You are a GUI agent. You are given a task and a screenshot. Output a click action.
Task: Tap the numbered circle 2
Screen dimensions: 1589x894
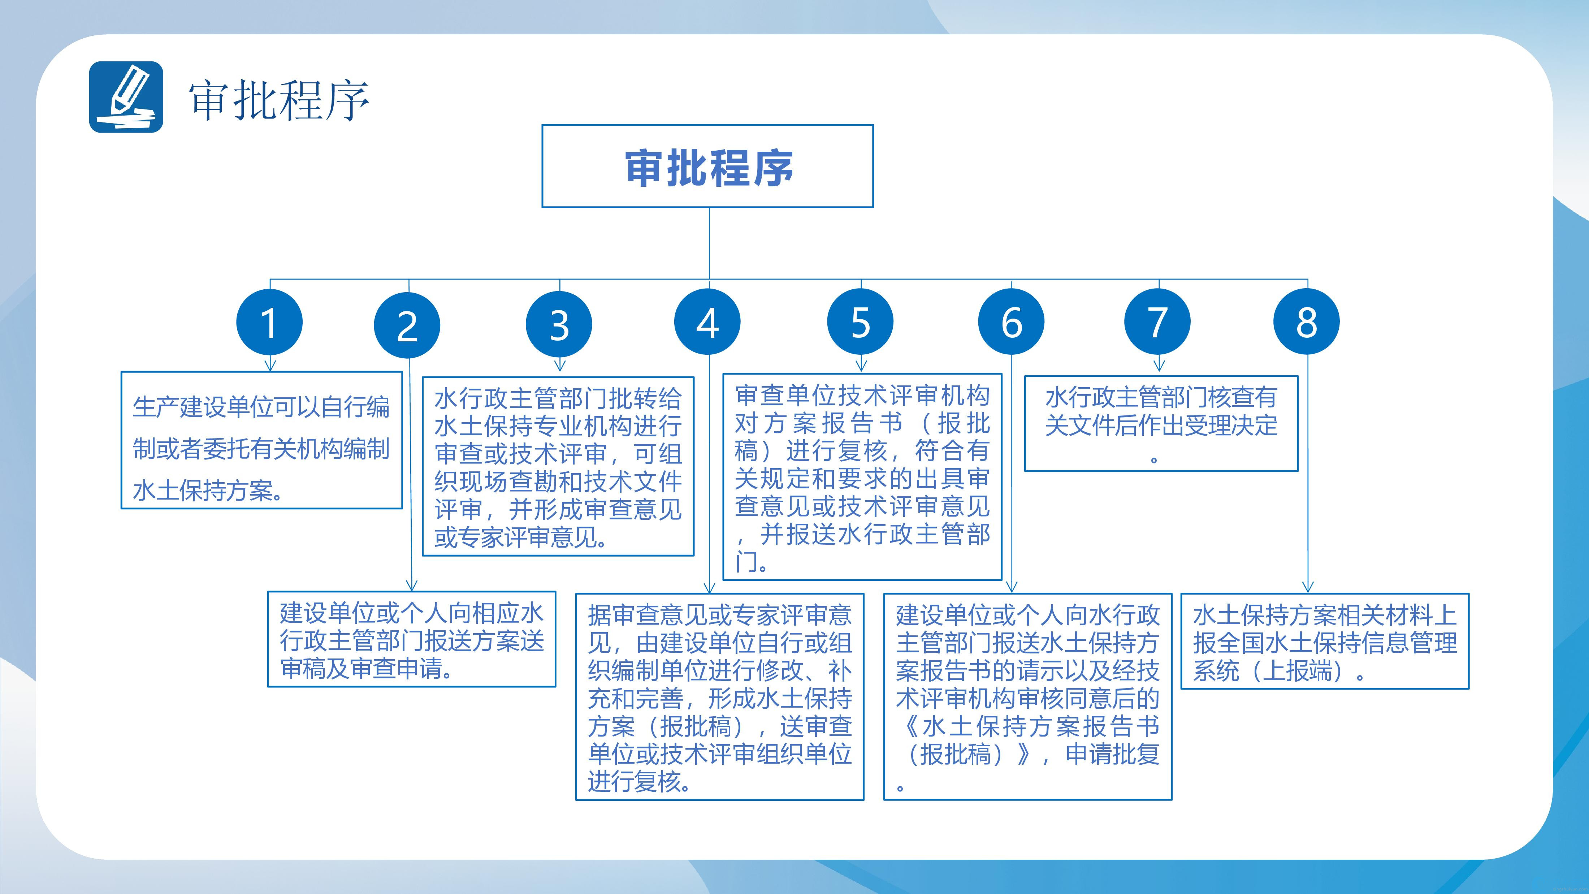(407, 325)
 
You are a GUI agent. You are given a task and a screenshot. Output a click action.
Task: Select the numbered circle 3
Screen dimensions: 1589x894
(559, 324)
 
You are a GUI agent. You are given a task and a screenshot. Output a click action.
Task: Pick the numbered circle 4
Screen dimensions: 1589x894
(707, 321)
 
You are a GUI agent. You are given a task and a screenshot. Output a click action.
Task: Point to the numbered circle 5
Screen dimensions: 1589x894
(861, 321)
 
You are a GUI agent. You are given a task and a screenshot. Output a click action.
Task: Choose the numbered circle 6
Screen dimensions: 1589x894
(1011, 321)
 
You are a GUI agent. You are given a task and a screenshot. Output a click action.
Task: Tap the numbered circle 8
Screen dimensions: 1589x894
(1307, 321)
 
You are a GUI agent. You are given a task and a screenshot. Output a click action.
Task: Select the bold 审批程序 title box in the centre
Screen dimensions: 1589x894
(707, 166)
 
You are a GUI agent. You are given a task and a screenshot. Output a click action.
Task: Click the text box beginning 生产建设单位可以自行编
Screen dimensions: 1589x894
(261, 440)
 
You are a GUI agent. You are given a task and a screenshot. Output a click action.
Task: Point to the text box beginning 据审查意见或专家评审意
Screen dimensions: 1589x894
(720, 696)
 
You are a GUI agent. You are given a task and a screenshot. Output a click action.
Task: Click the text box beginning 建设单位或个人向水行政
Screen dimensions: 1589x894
(1028, 696)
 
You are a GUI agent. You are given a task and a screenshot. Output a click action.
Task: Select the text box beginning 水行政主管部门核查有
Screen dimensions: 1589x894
(1161, 423)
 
